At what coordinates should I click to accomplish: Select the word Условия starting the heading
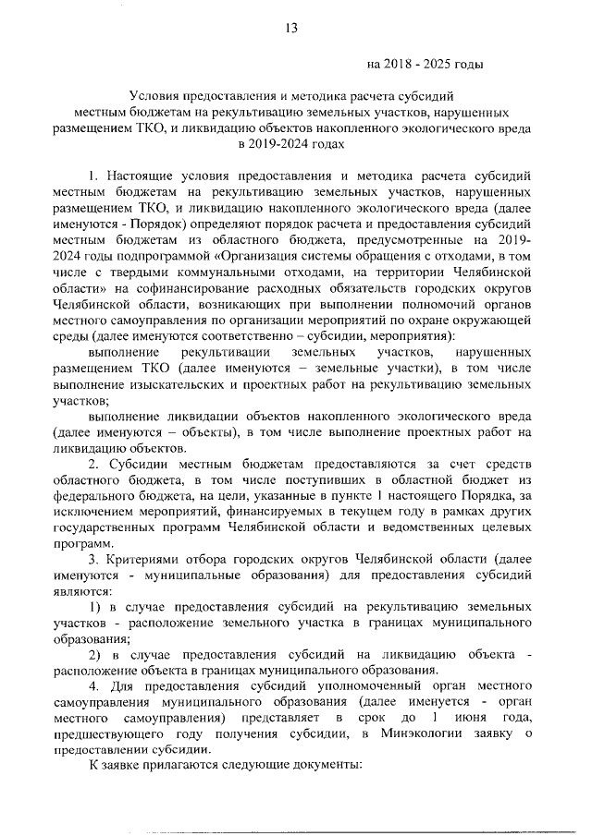(x=158, y=95)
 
